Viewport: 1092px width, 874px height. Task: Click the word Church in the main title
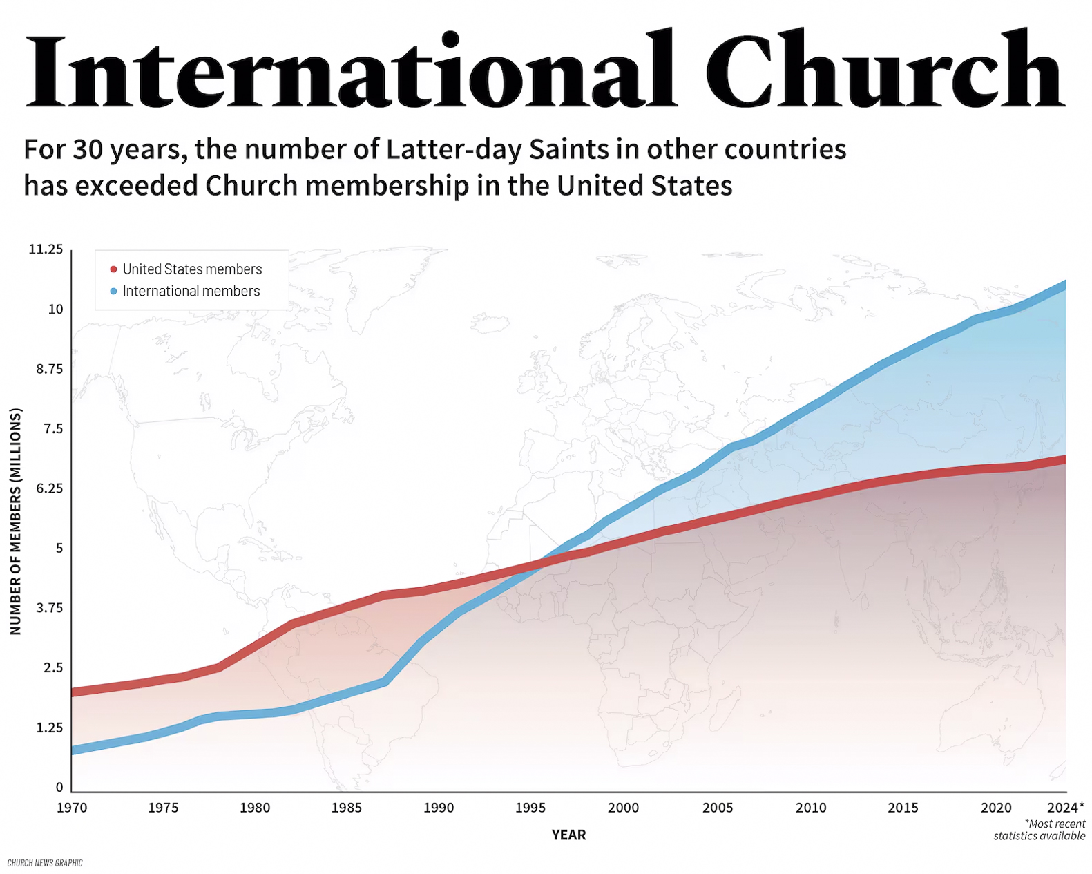tap(892, 68)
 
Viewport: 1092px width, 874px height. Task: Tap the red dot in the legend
tap(114, 269)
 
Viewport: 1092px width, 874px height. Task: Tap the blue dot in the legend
tap(114, 292)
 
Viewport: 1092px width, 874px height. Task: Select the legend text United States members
tap(192, 269)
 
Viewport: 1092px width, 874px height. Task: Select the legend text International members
tap(191, 291)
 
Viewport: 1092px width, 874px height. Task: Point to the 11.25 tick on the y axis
tap(46, 249)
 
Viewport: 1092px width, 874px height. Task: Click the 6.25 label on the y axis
tap(49, 488)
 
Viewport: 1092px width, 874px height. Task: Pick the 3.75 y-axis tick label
tap(49, 608)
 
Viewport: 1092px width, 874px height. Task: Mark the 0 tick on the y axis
tap(59, 787)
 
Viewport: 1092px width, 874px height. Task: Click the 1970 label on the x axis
tap(72, 808)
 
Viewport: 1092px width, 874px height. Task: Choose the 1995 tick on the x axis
tap(530, 808)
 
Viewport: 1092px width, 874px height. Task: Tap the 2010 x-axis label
tap(810, 808)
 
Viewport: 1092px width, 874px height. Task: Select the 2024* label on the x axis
tap(1066, 807)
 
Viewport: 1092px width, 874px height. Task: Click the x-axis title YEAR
tap(568, 835)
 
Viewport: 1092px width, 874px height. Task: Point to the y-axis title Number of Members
tap(16, 521)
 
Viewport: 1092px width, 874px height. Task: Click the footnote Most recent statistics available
tap(1040, 830)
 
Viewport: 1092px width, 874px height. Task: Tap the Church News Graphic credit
tap(45, 863)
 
